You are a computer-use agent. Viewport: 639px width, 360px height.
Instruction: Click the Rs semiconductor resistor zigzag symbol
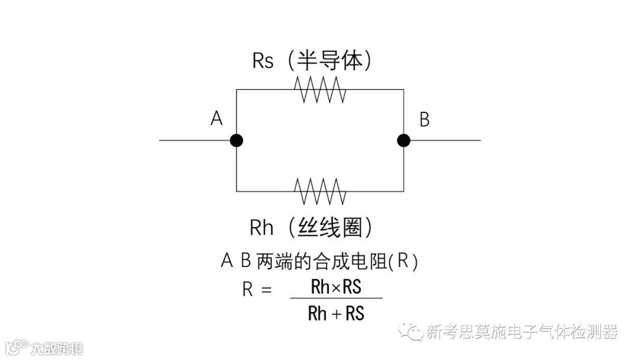coord(320,90)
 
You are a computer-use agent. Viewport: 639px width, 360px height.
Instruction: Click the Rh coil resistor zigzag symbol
coord(320,191)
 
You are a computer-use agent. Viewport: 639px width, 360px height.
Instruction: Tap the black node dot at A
coord(237,140)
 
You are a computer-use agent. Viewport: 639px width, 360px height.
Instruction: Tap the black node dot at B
coord(404,140)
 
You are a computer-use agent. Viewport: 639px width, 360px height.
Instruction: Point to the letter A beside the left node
coord(217,119)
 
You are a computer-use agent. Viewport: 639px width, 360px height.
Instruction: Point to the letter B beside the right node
coord(424,120)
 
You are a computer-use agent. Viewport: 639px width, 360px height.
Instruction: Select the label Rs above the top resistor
coord(263,60)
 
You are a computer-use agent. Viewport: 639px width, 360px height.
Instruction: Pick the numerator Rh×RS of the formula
coord(336,287)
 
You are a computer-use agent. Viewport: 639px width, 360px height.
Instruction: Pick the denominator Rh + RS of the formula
coord(336,313)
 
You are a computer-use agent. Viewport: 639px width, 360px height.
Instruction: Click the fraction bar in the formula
coord(336,298)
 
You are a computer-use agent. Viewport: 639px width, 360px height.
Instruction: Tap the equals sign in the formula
coord(266,290)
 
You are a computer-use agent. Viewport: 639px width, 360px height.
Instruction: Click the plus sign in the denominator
coord(336,314)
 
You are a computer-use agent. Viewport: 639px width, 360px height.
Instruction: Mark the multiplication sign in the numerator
coord(335,288)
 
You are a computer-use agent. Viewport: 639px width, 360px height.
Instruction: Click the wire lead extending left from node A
coord(195,140)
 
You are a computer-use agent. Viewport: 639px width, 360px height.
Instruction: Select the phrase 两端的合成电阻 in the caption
coord(322,261)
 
